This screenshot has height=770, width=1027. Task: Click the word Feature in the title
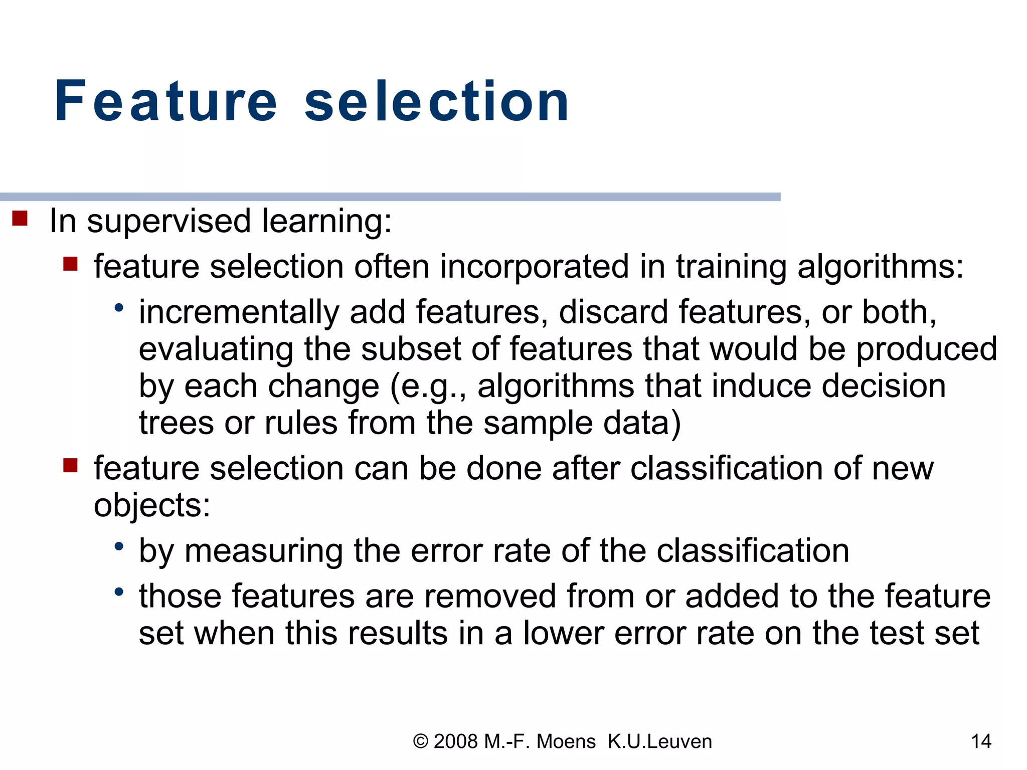pos(165,102)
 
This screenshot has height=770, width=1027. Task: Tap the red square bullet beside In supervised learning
pos(20,219)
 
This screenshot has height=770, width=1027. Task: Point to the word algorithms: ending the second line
pos(880,267)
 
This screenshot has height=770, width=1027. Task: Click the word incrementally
pos(239,313)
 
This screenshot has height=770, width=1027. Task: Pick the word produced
pos(926,350)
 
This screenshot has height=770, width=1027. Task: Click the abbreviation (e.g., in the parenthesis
pos(428,387)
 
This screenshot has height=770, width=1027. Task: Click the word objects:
pos(152,505)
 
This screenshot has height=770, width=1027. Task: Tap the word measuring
pos(264,551)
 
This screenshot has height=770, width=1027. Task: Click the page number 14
pos(981,741)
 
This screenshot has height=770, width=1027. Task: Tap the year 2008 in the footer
pos(455,741)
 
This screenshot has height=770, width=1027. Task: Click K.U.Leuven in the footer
pos(659,741)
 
